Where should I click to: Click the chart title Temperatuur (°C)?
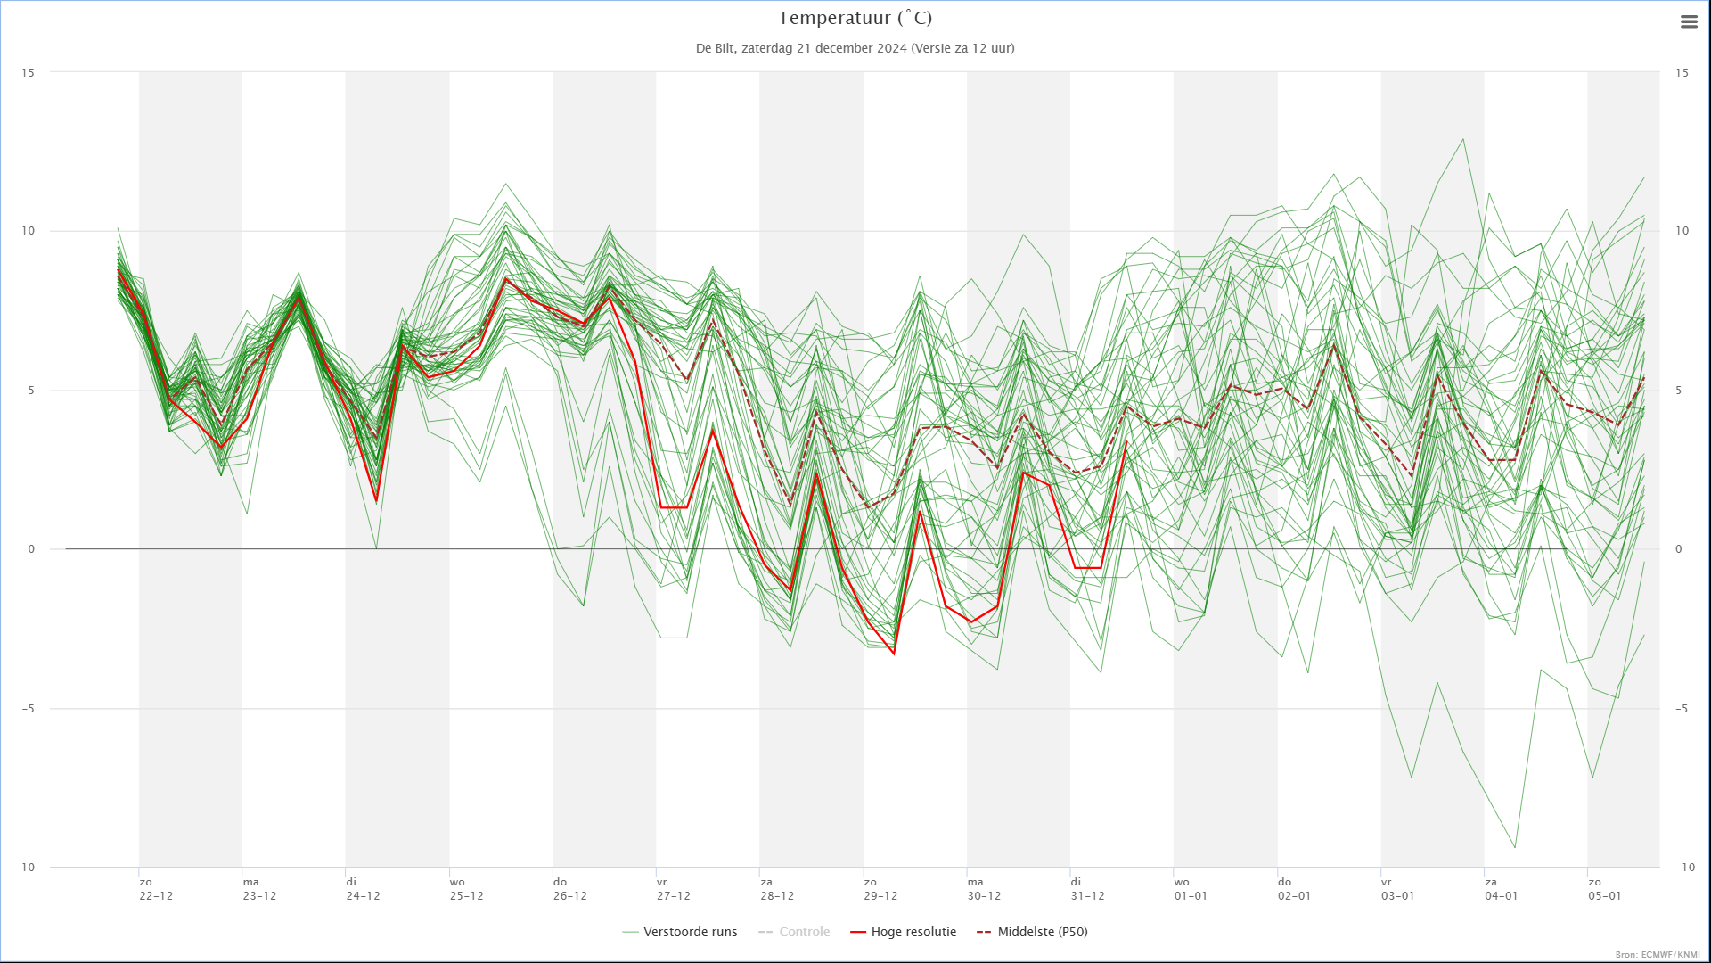tap(855, 18)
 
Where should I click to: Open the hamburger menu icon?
tap(1689, 22)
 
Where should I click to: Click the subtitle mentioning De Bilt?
tap(855, 48)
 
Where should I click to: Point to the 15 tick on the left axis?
tap(29, 73)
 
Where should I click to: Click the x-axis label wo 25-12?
tap(466, 889)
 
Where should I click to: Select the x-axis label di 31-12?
tap(1087, 889)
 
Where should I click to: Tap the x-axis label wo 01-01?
tap(1191, 889)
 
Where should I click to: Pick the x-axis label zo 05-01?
tap(1604, 889)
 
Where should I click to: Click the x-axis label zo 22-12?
tap(156, 889)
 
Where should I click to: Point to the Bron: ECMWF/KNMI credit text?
tap(1658, 955)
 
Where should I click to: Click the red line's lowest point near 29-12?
tap(894, 654)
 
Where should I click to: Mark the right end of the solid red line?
tap(1126, 441)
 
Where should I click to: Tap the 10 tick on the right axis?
tap(1682, 231)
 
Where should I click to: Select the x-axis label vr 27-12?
tap(673, 889)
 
